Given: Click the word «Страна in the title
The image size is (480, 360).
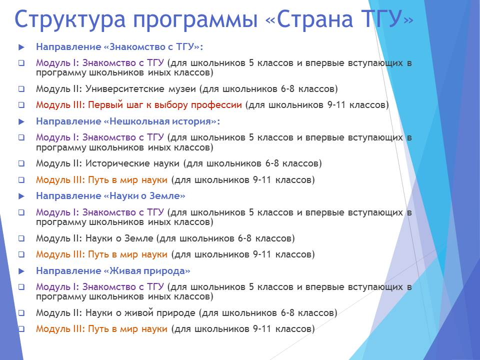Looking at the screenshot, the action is pos(309,19).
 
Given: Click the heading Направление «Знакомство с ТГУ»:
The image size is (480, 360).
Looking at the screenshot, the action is pos(119,47).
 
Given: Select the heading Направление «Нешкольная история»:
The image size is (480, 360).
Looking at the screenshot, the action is pos(128,121).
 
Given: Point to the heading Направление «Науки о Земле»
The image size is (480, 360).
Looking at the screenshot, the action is pos(110,196).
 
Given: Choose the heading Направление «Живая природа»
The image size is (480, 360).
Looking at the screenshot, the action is pos(113,271).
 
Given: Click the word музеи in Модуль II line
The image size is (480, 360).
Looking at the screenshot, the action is pos(182,89).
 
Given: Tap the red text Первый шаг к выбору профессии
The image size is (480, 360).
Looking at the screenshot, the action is pos(164,105).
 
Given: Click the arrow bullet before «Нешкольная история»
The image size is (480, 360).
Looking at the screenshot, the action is pos(21,122).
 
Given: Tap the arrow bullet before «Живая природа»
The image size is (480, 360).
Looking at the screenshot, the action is pos(21,271).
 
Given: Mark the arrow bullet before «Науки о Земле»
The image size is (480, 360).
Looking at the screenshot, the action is pos(21,196).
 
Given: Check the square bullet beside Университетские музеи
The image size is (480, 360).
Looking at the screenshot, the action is pos(21,89).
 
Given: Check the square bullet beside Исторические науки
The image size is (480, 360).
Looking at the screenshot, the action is pos(21,163).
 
